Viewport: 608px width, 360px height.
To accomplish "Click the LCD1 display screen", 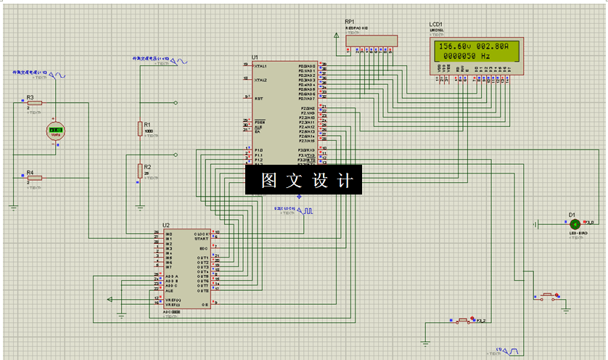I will coord(471,50).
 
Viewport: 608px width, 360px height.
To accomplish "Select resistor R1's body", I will coord(140,128).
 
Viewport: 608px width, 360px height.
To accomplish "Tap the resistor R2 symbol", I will coord(140,171).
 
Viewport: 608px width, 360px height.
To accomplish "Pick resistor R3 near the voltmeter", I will coord(34,103).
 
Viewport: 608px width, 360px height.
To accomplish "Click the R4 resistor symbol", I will coord(34,178).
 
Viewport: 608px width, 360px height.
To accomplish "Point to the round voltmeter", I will coord(55,131).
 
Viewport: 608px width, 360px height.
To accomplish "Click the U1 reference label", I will coord(255,57).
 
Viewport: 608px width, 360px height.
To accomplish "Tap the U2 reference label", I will coord(166,226).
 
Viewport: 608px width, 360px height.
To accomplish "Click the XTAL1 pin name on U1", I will coord(260,66).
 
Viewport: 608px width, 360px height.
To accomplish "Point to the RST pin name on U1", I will coord(258,98).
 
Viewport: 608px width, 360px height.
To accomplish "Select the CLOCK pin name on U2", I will coord(201,234).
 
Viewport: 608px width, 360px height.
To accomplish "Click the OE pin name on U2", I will coord(205,306).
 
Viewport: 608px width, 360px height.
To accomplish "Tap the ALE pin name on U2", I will coord(168,290).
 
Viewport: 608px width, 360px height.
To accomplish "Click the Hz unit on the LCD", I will coord(485,55).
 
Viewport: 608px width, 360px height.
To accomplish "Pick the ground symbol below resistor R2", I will coord(140,205).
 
